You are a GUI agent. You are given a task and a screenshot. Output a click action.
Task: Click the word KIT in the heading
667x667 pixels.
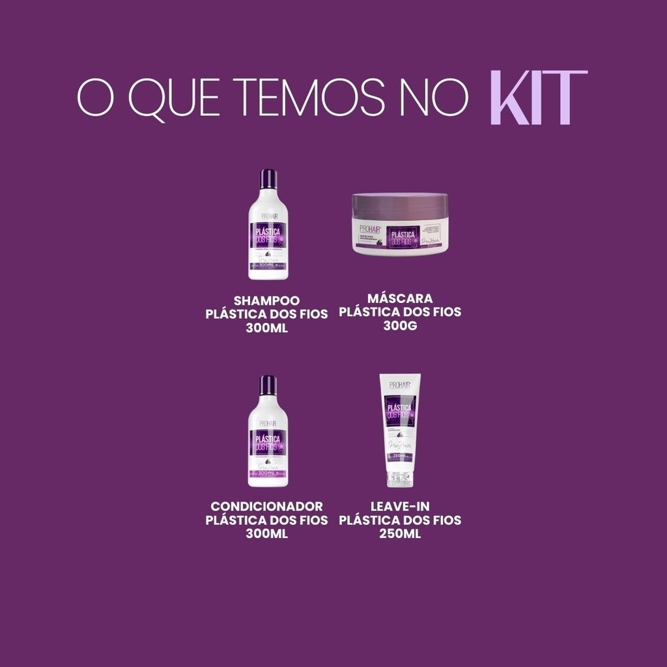(538, 98)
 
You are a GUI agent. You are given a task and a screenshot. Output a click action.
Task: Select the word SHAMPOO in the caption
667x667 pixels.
(266, 300)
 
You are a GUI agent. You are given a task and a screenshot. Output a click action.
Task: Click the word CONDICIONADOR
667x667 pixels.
(267, 506)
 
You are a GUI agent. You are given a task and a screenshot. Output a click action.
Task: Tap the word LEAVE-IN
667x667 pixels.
(400, 506)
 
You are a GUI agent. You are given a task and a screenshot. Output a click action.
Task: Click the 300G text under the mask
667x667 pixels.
(400, 325)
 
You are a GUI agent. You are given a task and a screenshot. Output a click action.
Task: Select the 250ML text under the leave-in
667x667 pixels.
(400, 533)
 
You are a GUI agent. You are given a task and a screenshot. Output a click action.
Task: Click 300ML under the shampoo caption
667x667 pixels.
(267, 328)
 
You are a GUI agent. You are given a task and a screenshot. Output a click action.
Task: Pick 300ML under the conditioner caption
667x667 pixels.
(267, 533)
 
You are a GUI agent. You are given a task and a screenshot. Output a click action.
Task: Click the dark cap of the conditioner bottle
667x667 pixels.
(268, 386)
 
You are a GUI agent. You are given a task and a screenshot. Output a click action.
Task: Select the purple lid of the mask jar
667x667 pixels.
(401, 206)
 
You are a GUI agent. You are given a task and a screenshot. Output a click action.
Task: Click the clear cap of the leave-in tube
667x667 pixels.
(401, 480)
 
